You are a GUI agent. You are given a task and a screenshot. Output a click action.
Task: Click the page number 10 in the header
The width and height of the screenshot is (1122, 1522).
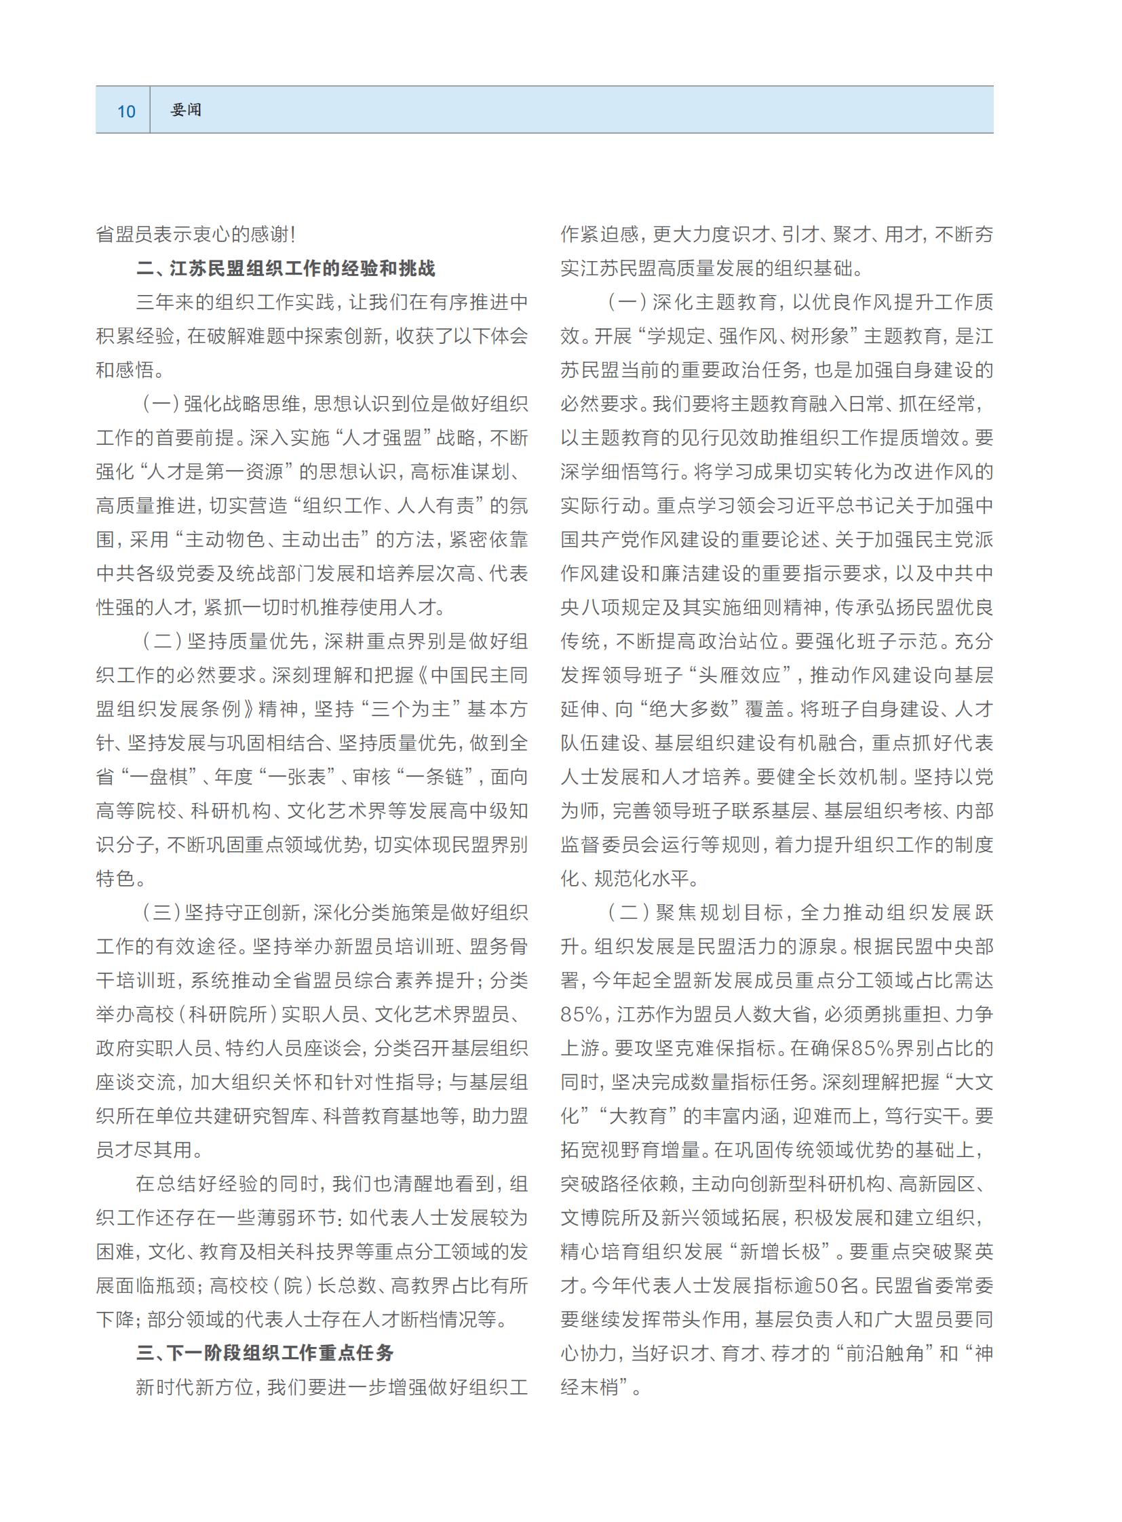126,111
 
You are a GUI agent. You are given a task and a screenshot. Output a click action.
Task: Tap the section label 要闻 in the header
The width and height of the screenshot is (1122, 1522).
186,110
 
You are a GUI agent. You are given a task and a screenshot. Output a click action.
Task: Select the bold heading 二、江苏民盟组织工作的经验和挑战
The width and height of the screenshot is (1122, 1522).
286,269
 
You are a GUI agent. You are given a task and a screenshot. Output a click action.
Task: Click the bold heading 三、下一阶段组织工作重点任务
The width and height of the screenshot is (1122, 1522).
265,1353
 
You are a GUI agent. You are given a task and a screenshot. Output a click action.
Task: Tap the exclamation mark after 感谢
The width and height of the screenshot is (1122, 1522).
293,235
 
